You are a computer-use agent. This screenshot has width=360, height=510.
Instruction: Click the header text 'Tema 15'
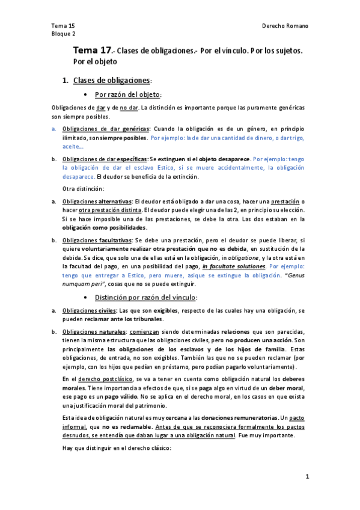(63, 26)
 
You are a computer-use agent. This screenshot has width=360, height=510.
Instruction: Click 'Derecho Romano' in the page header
(285, 26)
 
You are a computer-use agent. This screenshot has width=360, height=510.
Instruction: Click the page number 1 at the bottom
(307, 477)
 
